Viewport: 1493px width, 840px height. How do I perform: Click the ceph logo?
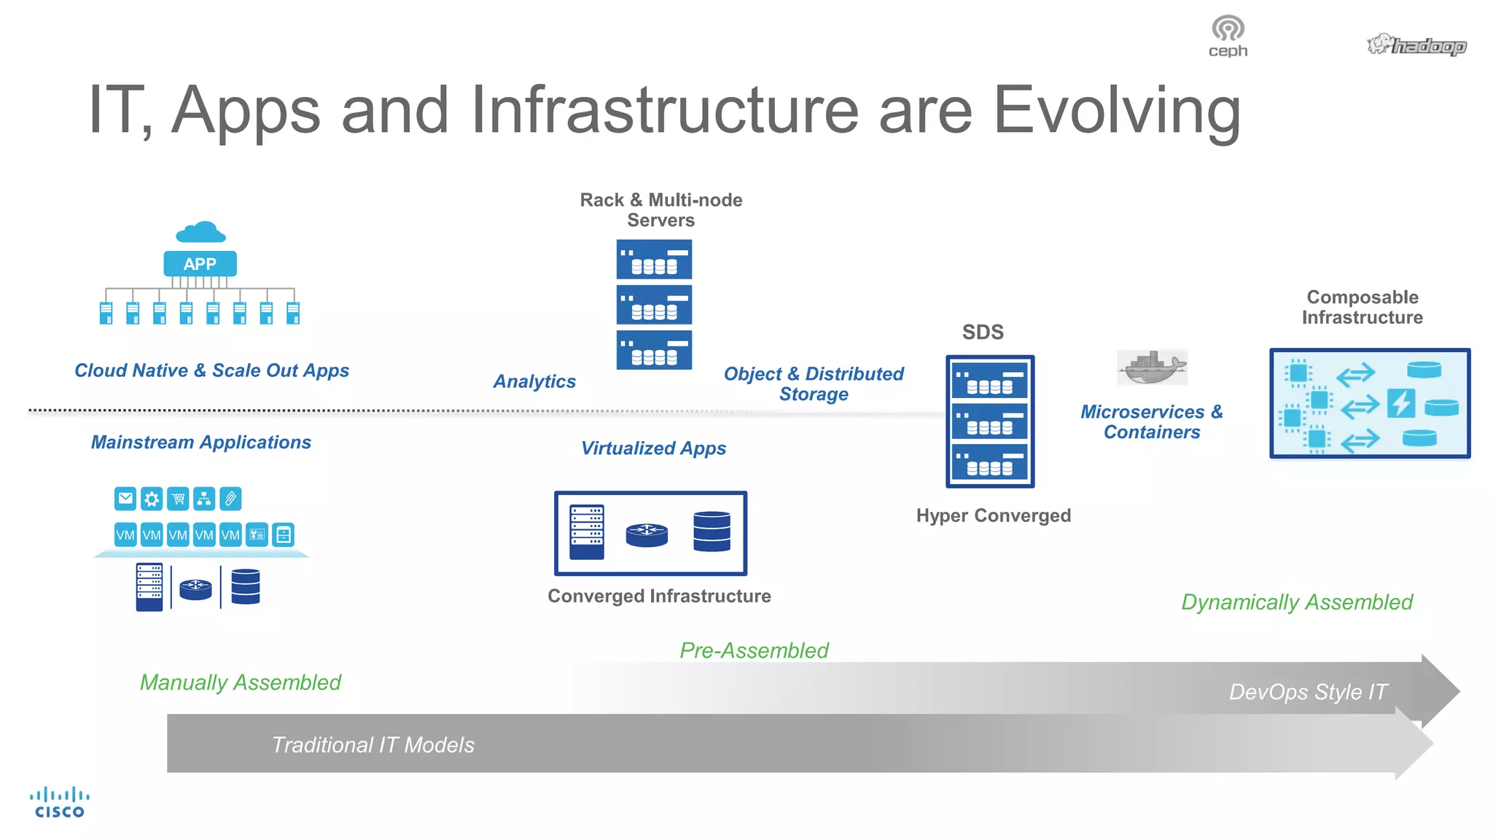1228,36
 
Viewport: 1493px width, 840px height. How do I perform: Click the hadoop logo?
1416,45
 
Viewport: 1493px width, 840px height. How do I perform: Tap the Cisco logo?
60,802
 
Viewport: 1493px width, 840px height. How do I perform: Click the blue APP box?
200,264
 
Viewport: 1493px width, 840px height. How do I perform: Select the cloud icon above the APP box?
200,233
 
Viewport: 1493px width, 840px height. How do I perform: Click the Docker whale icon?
1152,367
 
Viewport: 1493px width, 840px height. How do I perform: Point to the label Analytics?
534,381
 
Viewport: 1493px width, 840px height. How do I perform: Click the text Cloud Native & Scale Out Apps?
211,370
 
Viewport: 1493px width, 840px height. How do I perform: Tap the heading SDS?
983,332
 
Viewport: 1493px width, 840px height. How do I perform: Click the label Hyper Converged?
993,516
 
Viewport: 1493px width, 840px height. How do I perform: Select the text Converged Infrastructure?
659,596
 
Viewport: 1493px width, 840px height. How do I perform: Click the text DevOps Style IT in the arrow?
1308,691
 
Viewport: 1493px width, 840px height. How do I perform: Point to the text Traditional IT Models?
373,744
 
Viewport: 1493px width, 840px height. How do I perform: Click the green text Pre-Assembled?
754,650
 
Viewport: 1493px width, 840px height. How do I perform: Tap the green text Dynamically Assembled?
1296,602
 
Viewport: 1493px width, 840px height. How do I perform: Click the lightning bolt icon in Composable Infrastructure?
1400,403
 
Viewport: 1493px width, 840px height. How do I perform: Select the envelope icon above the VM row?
125,499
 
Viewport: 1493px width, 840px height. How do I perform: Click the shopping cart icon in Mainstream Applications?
178,499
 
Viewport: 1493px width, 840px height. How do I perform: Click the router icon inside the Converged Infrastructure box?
647,534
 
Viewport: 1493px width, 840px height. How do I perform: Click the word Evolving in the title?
1117,111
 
